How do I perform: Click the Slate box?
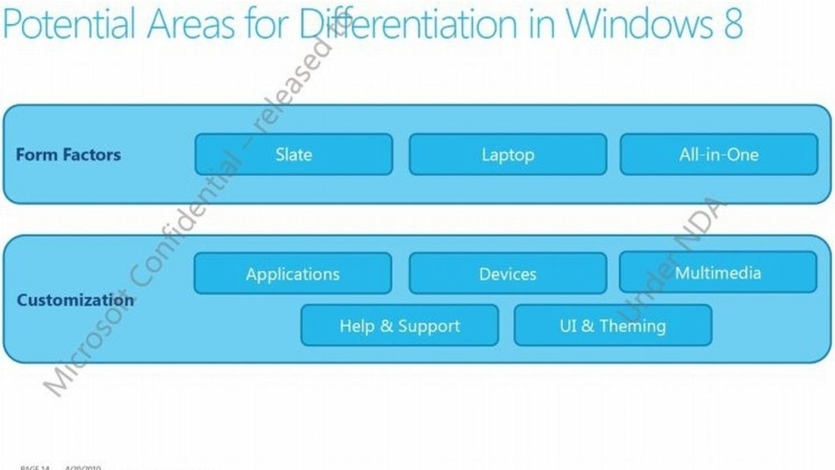pyautogui.click(x=294, y=154)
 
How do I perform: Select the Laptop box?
pyautogui.click(x=507, y=154)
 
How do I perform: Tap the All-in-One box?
pyautogui.click(x=718, y=154)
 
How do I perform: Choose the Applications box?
pyautogui.click(x=293, y=273)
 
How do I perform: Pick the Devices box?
pyautogui.click(x=507, y=273)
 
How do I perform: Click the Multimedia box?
pyautogui.click(x=718, y=272)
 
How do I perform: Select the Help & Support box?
pyautogui.click(x=399, y=325)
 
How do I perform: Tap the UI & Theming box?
pyautogui.click(x=612, y=325)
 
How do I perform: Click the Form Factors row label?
pyautogui.click(x=68, y=154)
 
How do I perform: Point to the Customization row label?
pyautogui.click(x=75, y=300)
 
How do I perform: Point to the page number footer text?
pyautogui.click(x=35, y=467)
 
